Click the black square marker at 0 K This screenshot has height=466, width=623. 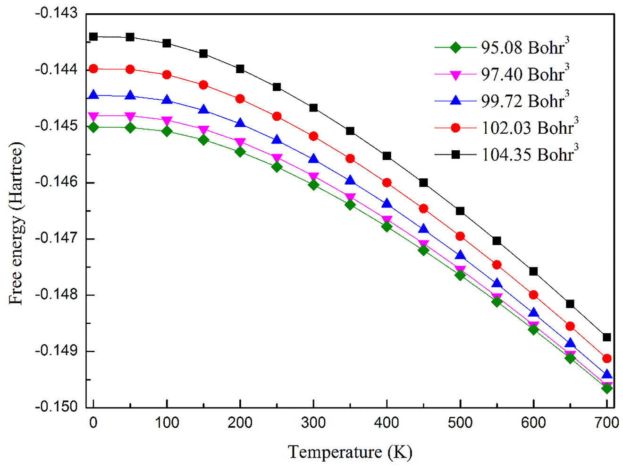93,36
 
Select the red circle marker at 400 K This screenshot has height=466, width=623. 387,182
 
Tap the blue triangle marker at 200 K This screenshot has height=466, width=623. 240,123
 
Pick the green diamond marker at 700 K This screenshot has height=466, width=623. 607,388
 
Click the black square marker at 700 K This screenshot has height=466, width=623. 607,337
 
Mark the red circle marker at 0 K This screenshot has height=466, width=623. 93,69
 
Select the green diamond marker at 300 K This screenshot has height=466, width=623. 313,185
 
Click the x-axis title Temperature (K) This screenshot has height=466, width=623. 350,452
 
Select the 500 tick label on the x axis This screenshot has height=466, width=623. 460,423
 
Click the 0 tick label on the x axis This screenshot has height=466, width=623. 93,423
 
